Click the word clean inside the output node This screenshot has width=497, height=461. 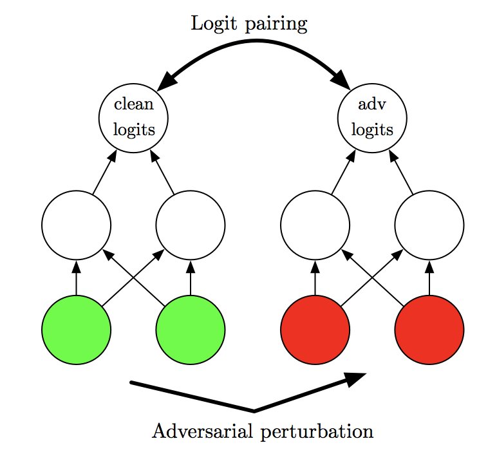(x=134, y=104)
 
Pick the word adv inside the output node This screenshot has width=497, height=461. (x=373, y=104)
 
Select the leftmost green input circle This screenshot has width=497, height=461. (x=76, y=330)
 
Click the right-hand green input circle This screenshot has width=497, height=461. (x=191, y=330)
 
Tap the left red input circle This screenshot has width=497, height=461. (x=315, y=330)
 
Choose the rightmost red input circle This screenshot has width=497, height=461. (x=429, y=330)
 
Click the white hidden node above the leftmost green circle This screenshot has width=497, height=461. (x=76, y=225)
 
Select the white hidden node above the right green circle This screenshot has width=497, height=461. (x=191, y=225)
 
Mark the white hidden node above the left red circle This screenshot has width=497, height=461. (x=315, y=225)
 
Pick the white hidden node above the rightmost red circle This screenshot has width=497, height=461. (x=429, y=225)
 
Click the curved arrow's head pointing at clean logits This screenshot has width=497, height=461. (x=167, y=80)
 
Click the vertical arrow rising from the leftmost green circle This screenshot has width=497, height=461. (x=76, y=278)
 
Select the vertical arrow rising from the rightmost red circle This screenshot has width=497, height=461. (x=429, y=278)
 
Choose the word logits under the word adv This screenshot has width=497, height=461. (x=373, y=129)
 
